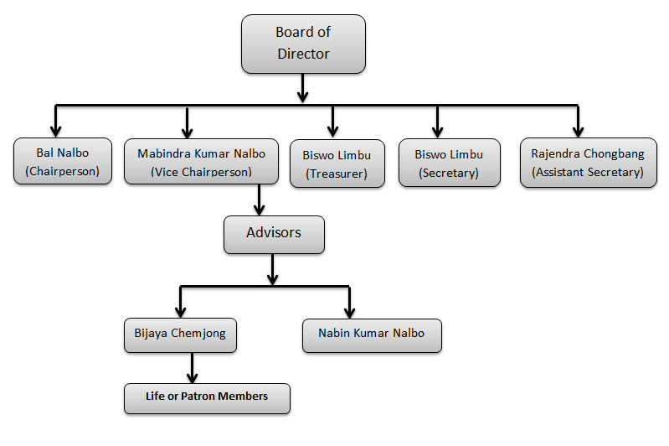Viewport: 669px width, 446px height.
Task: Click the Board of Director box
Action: coord(303,43)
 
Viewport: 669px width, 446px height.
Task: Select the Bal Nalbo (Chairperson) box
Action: coord(63,161)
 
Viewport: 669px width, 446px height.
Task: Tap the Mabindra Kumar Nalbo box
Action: coord(201,161)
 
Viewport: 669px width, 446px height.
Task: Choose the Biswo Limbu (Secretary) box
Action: coord(448,163)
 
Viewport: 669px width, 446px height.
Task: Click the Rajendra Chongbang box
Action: coord(587,163)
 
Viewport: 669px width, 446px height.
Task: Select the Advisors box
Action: coord(274,233)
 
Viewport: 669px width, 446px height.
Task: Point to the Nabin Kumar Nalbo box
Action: coord(371,334)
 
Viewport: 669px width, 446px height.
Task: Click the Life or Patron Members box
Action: coord(207,397)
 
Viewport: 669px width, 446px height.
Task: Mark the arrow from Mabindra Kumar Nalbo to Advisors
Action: coord(260,200)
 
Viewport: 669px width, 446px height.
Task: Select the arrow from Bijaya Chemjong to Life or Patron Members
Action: coord(193,367)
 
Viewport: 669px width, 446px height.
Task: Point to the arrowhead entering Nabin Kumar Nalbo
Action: coord(349,311)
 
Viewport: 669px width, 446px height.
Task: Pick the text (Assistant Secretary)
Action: coord(587,172)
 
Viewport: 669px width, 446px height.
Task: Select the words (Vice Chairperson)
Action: coord(201,172)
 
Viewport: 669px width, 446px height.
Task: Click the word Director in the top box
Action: coord(303,54)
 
